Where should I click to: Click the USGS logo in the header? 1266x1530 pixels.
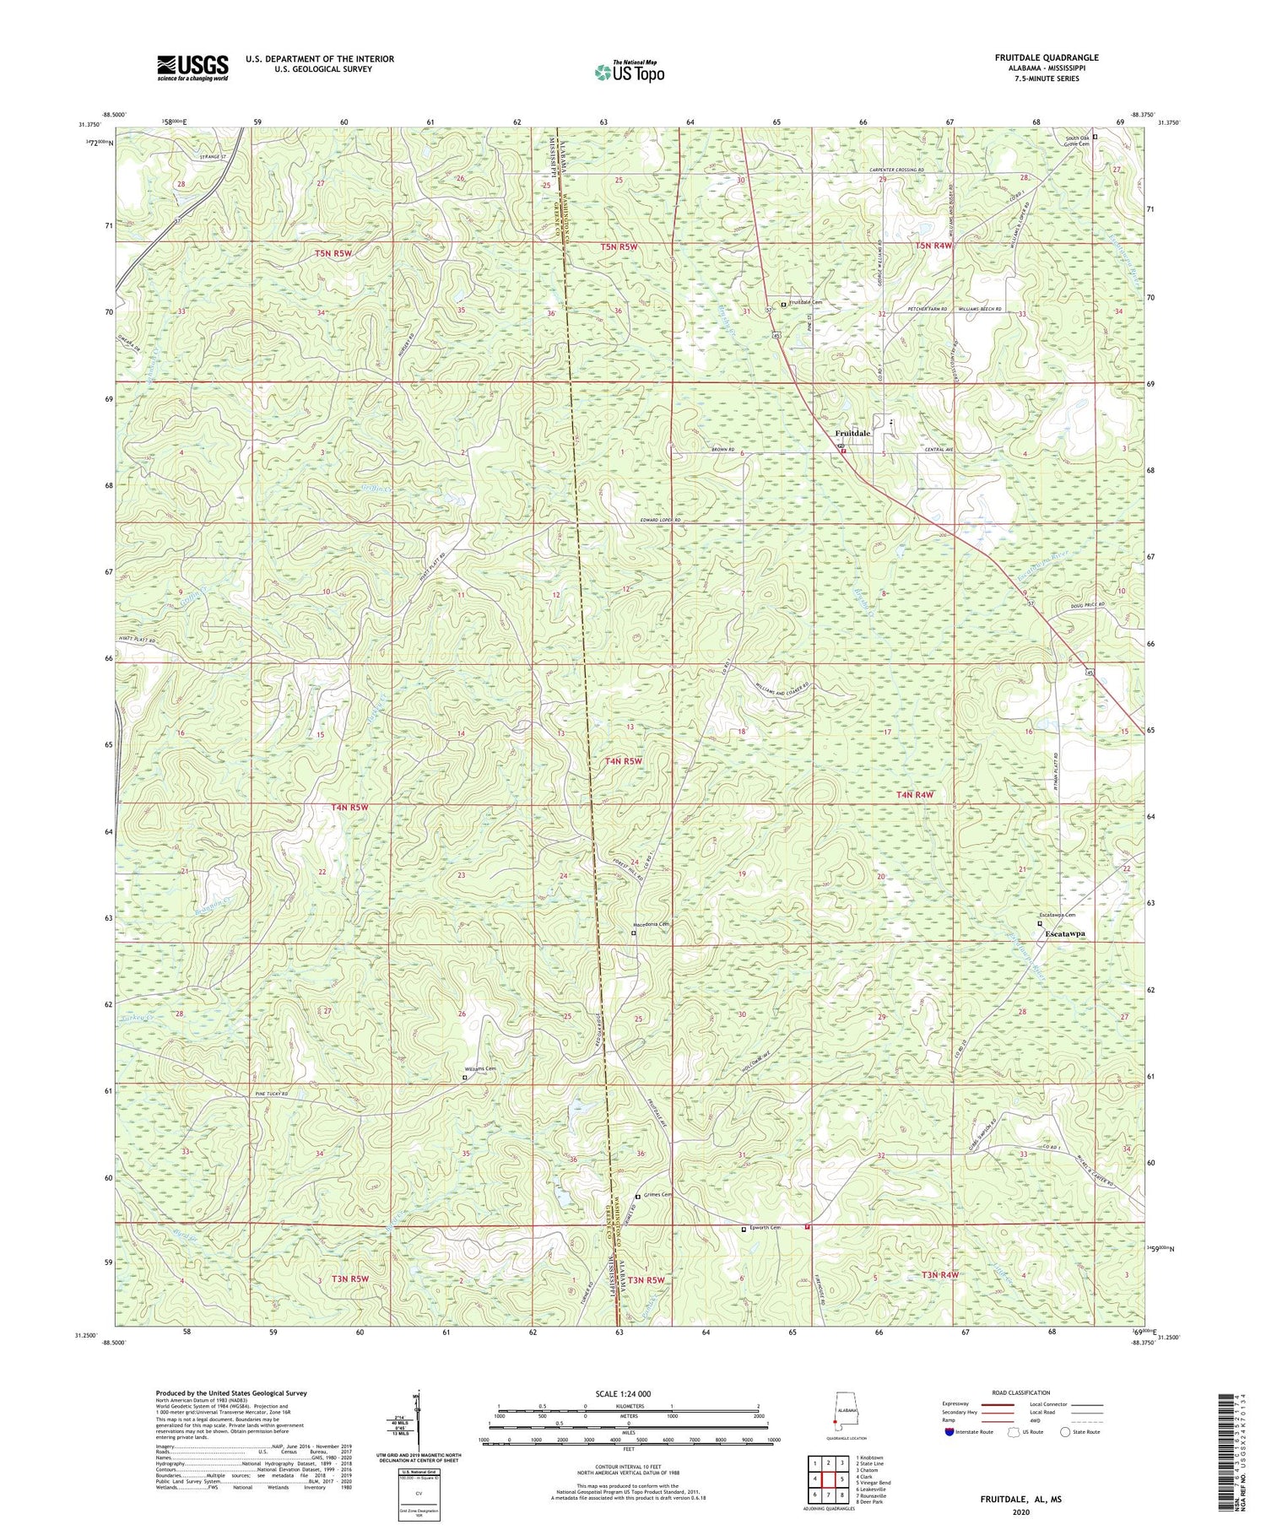pos(192,68)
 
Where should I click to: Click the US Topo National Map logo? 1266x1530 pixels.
pos(629,72)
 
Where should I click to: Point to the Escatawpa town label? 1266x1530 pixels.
pos(1063,935)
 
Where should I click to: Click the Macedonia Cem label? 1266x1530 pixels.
pos(658,924)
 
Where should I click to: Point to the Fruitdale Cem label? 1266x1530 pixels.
pos(805,303)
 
